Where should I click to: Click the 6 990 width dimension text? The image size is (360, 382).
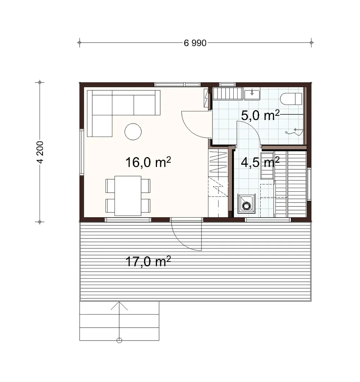pyautogui.click(x=195, y=43)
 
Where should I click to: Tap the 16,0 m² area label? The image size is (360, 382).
pyautogui.click(x=148, y=163)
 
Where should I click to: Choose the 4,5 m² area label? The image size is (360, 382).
pyautogui.click(x=260, y=163)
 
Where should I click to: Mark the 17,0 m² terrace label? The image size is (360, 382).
pyautogui.click(x=148, y=261)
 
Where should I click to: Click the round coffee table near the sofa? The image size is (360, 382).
pyautogui.click(x=133, y=132)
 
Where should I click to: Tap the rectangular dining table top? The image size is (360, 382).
pyautogui.click(x=128, y=196)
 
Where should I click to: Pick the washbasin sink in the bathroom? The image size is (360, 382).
pyautogui.click(x=252, y=94)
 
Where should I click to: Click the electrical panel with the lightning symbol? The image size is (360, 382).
pyautogui.click(x=206, y=98)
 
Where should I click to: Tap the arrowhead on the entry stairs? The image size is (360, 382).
pyautogui.click(x=119, y=306)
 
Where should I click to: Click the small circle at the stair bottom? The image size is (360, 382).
pyautogui.click(x=120, y=340)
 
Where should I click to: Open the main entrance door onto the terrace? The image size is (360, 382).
pyautogui.click(x=186, y=234)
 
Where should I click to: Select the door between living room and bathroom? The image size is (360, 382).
pyautogui.click(x=196, y=124)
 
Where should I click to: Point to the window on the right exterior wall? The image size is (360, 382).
pyautogui.click(x=309, y=184)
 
